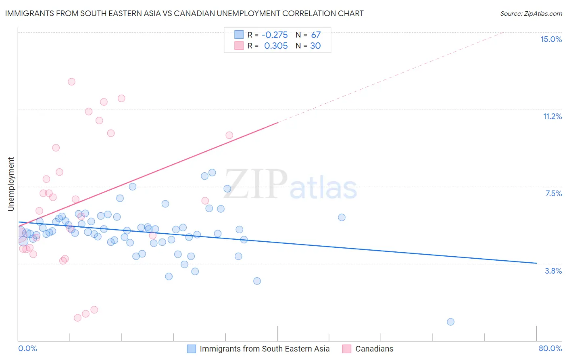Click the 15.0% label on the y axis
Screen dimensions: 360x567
[x=551, y=39]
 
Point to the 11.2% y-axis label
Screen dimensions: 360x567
[x=552, y=116]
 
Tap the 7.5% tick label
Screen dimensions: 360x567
[x=553, y=193]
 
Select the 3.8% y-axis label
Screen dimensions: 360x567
[x=553, y=271]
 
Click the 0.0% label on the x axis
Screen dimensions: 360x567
[x=27, y=348]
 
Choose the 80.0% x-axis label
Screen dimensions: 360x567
[x=550, y=348]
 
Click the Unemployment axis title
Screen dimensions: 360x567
[x=11, y=184]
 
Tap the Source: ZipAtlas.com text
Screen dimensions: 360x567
[x=531, y=13]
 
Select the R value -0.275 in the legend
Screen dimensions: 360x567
[x=274, y=35]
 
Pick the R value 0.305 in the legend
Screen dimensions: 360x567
[x=276, y=46]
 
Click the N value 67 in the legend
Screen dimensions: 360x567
[x=316, y=35]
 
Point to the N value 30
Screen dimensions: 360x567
[x=315, y=46]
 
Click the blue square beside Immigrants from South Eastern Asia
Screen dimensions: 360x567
[x=191, y=349]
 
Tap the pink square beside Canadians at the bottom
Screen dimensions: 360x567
[x=346, y=349]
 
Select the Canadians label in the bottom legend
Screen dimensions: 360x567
[x=374, y=349]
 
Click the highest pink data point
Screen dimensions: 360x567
[x=71, y=82]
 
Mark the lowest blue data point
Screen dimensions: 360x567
[x=450, y=322]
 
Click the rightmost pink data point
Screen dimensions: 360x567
[x=229, y=135]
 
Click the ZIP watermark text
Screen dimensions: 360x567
[x=256, y=184]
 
